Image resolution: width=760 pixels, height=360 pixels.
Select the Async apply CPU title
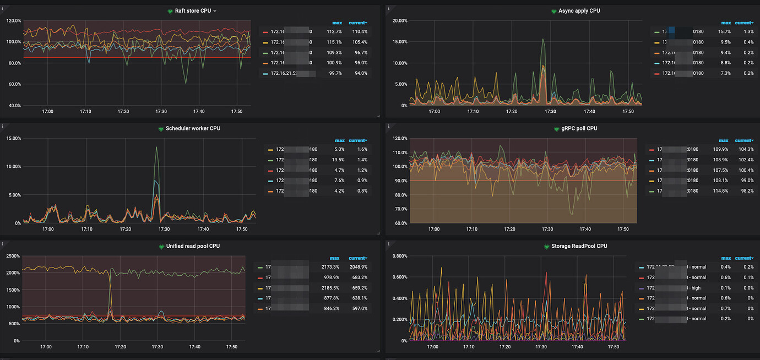[x=579, y=11]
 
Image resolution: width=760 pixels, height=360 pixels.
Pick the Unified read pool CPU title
[x=193, y=246]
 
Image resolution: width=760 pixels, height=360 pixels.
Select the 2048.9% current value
[x=357, y=267]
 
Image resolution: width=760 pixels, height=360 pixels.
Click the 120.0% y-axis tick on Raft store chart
[x=14, y=20]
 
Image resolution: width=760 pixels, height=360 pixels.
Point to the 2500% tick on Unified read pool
[x=12, y=256]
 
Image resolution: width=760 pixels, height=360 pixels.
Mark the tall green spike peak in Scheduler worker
[x=156, y=147]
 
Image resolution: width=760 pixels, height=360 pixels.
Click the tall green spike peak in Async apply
[x=543, y=39]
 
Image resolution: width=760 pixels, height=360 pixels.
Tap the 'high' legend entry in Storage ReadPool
[x=696, y=288]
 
